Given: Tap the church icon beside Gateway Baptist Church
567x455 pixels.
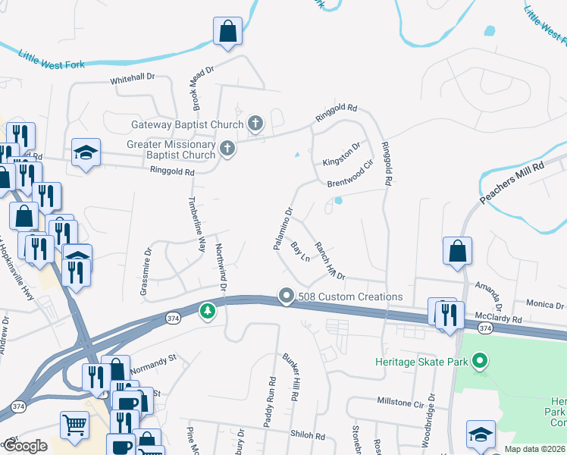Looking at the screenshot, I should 256,124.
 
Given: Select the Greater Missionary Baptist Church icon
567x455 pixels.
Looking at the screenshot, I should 227,149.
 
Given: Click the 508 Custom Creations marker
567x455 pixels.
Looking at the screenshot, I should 286,296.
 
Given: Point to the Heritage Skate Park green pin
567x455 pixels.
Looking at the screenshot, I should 479,362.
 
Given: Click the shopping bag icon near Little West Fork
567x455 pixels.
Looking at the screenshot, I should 227,33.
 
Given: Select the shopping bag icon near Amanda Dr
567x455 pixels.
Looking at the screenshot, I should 458,252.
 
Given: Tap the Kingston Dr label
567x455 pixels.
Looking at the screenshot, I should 341,152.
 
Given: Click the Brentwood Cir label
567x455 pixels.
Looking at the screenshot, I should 351,174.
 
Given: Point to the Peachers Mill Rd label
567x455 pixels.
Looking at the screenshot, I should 512,182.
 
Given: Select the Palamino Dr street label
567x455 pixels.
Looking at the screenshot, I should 283,229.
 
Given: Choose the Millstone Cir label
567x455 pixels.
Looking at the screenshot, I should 399,403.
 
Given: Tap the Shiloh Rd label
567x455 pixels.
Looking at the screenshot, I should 307,436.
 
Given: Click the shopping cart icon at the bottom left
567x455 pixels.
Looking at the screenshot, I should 74,426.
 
